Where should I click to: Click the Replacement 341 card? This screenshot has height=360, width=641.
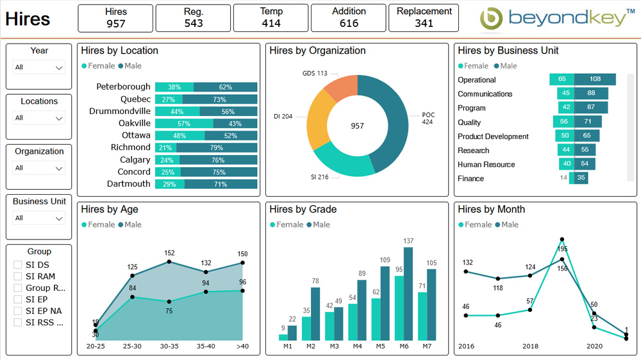tap(424, 18)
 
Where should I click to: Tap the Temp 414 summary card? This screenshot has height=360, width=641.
tap(271, 18)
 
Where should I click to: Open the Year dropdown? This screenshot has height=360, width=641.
tap(39, 67)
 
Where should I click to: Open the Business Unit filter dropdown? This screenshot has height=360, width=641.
tap(39, 218)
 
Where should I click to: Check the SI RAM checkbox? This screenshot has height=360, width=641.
tap(18, 277)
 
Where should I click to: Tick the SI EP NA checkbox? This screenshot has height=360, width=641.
tap(18, 311)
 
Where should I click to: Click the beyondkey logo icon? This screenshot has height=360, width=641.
tap(492, 19)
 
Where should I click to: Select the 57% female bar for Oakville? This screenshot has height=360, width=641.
tap(184, 124)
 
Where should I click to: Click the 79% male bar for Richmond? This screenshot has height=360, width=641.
tap(217, 148)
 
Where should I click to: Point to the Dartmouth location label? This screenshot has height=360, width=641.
tap(129, 184)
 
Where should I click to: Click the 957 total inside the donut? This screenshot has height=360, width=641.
tap(357, 126)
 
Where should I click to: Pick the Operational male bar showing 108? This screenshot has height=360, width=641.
tap(595, 79)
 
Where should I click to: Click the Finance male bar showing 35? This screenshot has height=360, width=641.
tap(581, 178)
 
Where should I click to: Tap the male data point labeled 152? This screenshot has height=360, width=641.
tap(169, 261)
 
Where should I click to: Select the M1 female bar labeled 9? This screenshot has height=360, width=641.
tap(283, 337)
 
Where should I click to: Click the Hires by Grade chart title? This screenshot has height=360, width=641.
tap(303, 209)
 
